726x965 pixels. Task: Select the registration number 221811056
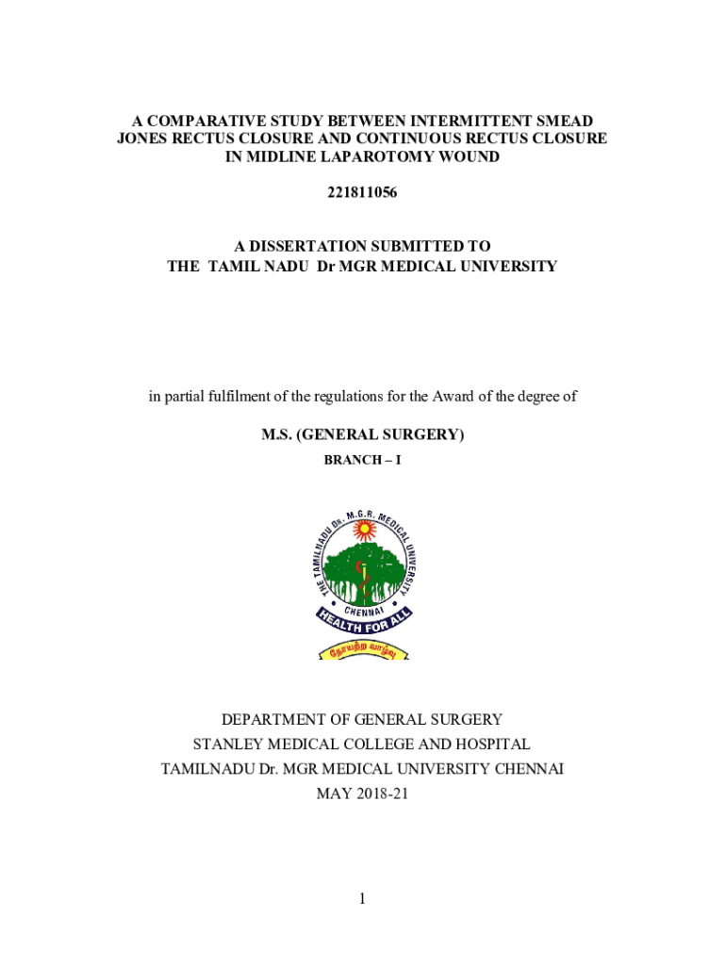[362, 193]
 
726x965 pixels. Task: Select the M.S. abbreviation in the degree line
[279, 434]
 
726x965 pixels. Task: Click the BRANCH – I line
[363, 460]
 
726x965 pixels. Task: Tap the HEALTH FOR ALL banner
[363, 624]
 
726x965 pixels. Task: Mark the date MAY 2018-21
[363, 793]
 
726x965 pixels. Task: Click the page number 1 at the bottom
[362, 899]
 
